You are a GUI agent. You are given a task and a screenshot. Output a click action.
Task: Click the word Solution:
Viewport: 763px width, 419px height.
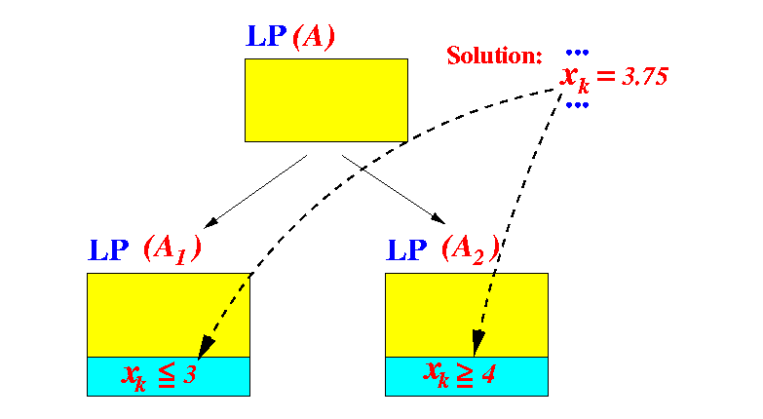pyautogui.click(x=494, y=56)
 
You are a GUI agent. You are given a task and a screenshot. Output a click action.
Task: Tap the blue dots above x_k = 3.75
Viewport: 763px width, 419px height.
pyautogui.click(x=578, y=52)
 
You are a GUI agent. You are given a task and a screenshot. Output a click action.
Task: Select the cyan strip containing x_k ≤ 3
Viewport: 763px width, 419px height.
pyautogui.click(x=169, y=376)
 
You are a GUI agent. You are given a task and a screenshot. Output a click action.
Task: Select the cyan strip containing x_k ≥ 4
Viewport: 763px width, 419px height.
pyautogui.click(x=467, y=376)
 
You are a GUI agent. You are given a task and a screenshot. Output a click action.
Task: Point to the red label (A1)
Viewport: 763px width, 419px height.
pyautogui.click(x=172, y=249)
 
